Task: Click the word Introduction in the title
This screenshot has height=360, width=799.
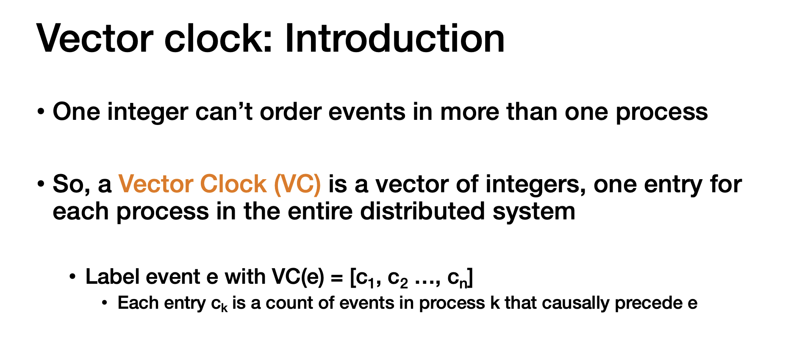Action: [394, 39]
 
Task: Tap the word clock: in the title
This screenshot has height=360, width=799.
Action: [218, 39]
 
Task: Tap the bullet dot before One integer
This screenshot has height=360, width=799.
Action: [41, 112]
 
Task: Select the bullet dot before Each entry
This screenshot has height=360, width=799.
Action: [105, 304]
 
